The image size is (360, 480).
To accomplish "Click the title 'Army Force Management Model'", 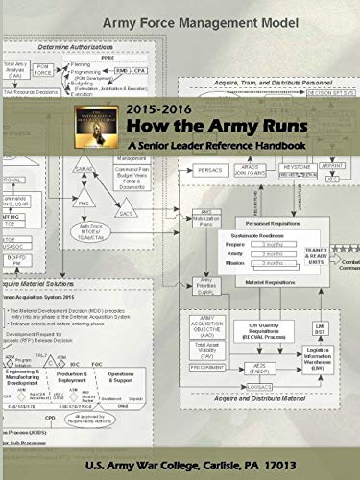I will (x=180, y=22).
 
